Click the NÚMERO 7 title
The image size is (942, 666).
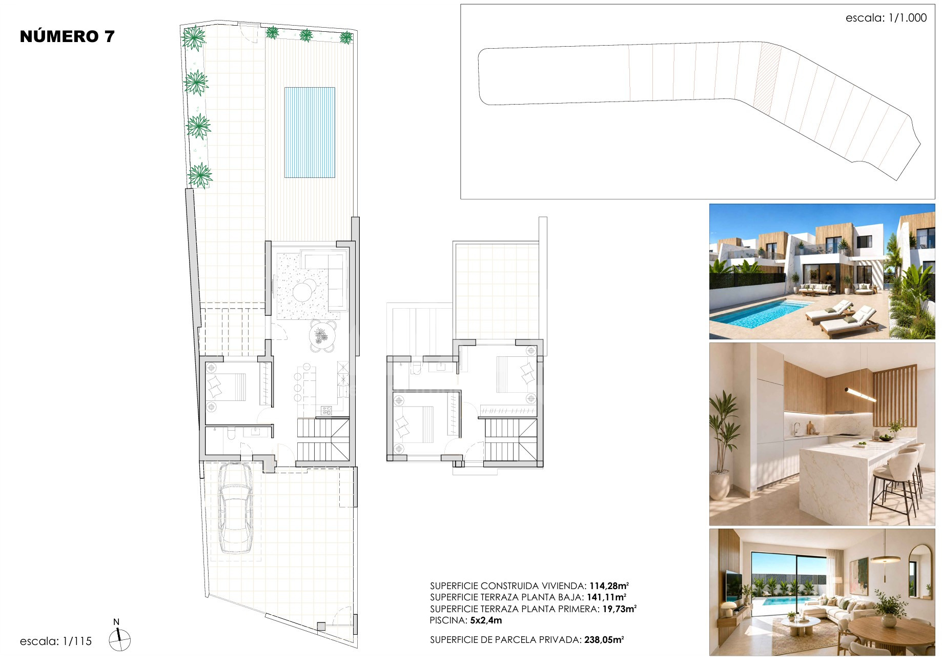click(x=67, y=36)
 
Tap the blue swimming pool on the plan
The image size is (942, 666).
click(x=310, y=132)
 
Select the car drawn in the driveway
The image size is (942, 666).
click(x=235, y=508)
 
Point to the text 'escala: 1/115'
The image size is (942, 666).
click(x=56, y=641)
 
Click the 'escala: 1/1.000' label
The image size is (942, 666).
click(x=886, y=18)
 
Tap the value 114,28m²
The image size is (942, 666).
click(x=609, y=586)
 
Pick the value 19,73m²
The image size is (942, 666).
click(x=620, y=609)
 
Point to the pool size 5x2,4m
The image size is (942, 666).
click(x=486, y=620)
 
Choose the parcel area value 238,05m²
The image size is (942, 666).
click(x=604, y=640)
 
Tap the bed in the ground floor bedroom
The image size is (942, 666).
click(x=226, y=387)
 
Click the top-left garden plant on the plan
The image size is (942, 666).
click(x=194, y=38)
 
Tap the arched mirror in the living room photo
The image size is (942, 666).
click(x=919, y=571)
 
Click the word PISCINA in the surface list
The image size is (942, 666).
click(x=448, y=620)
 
